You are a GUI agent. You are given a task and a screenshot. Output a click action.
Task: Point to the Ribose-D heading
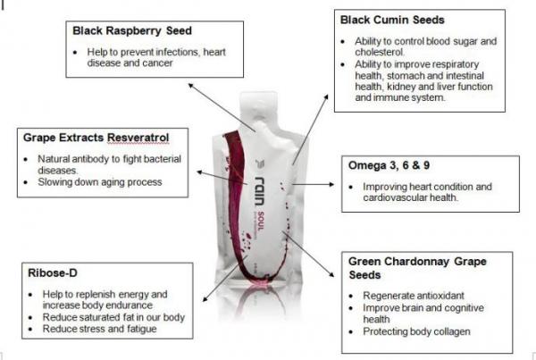[50, 273]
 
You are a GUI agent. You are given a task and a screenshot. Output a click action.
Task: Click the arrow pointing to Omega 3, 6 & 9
[314, 183]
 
